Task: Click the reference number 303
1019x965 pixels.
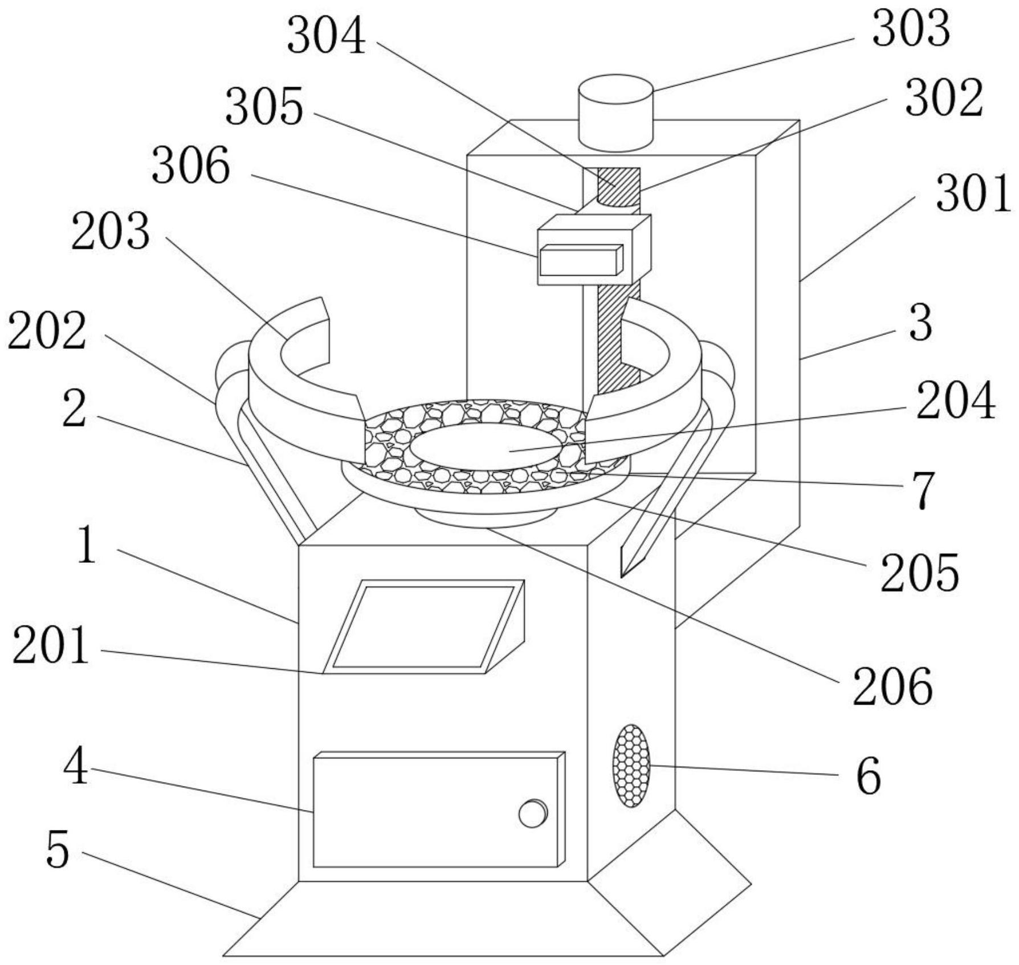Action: [911, 29]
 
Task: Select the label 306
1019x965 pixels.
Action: [190, 165]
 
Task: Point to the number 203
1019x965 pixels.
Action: [110, 232]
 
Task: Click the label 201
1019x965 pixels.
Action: [51, 645]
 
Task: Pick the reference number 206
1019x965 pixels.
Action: [892, 687]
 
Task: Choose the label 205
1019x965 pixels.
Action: [920, 573]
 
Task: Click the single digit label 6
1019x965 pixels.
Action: [869, 777]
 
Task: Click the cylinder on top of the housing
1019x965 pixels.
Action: [616, 113]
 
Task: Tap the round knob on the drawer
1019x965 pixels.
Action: [533, 813]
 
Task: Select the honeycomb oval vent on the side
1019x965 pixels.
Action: [631, 765]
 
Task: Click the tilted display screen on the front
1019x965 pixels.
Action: [423, 627]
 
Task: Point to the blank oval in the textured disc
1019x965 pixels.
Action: [485, 447]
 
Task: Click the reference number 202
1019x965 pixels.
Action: [47, 331]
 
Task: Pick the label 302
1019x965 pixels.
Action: [944, 98]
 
